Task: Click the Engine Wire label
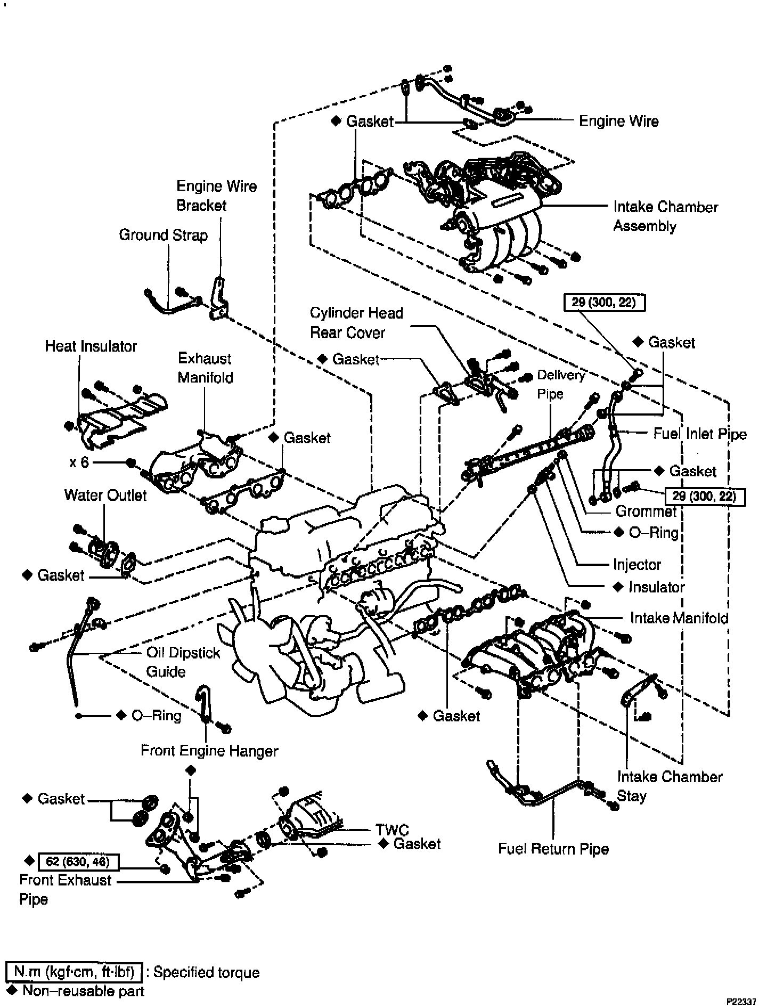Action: (618, 121)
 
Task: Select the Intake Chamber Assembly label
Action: (665, 216)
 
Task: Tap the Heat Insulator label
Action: (91, 346)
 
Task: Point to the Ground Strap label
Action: (163, 235)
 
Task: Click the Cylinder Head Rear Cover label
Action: (356, 323)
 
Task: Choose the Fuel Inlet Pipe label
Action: (700, 434)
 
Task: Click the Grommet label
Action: (646, 511)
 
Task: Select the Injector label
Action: (637, 565)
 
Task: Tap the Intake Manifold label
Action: (679, 618)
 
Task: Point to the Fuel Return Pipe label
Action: (553, 849)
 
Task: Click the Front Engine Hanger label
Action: (209, 751)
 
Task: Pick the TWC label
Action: (392, 830)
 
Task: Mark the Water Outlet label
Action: (105, 495)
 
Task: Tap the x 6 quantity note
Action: (79, 462)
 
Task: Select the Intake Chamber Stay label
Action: (670, 786)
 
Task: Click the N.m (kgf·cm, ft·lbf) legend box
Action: (74, 972)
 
